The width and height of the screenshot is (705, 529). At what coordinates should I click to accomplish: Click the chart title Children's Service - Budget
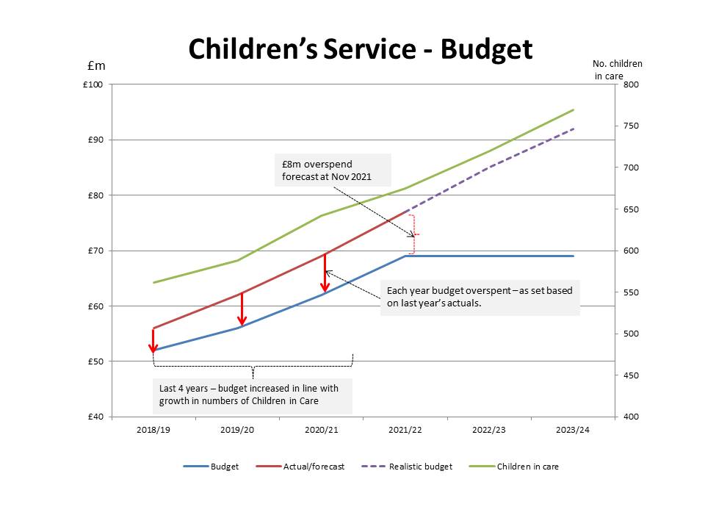coord(360,49)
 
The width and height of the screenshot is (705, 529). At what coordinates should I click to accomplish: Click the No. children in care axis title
coord(618,69)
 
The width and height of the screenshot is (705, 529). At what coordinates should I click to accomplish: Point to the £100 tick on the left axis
coord(93,84)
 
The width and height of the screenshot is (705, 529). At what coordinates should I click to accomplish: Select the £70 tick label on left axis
coord(95,251)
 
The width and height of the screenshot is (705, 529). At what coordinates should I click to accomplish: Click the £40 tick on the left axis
coord(95,417)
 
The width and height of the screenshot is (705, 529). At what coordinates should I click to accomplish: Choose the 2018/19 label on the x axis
coord(153,430)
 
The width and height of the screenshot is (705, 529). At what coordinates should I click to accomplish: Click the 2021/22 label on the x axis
coord(405,430)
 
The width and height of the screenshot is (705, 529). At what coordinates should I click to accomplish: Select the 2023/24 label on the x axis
coord(573,430)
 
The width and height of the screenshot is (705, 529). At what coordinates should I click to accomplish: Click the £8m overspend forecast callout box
coord(333,170)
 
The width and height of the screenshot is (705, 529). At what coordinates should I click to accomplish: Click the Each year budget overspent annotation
coord(480,297)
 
